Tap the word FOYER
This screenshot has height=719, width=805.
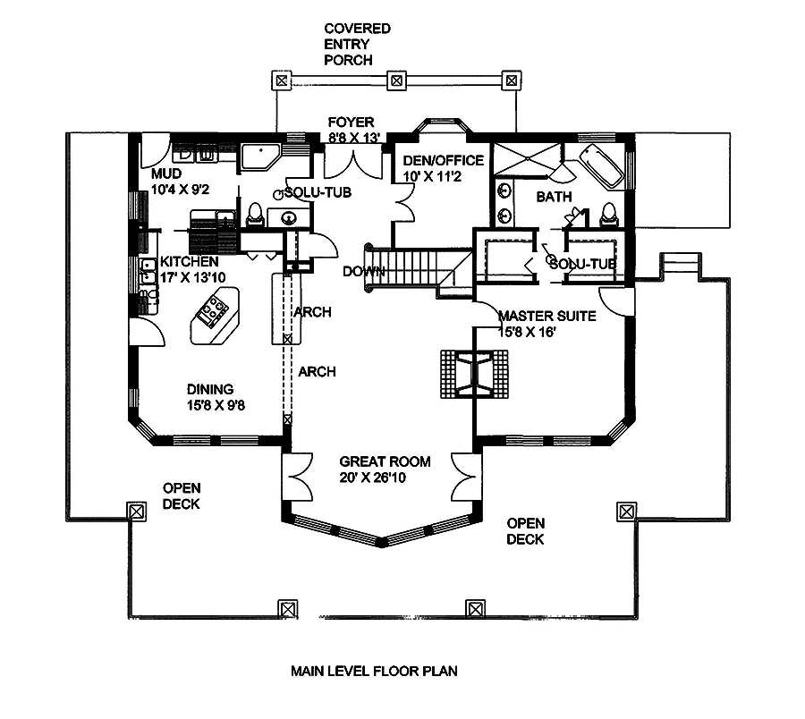coord(351,122)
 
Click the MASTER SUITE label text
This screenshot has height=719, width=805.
coord(547,316)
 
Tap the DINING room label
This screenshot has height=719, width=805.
coord(210,389)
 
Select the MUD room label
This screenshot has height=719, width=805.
coord(166,173)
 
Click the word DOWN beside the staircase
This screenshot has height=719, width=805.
coord(362,272)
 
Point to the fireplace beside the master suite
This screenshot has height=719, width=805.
coord(474,371)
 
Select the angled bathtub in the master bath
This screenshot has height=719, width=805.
coord(600,166)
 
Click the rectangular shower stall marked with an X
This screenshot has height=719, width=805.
coord(523,157)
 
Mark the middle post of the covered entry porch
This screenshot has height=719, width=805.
coord(394,80)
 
